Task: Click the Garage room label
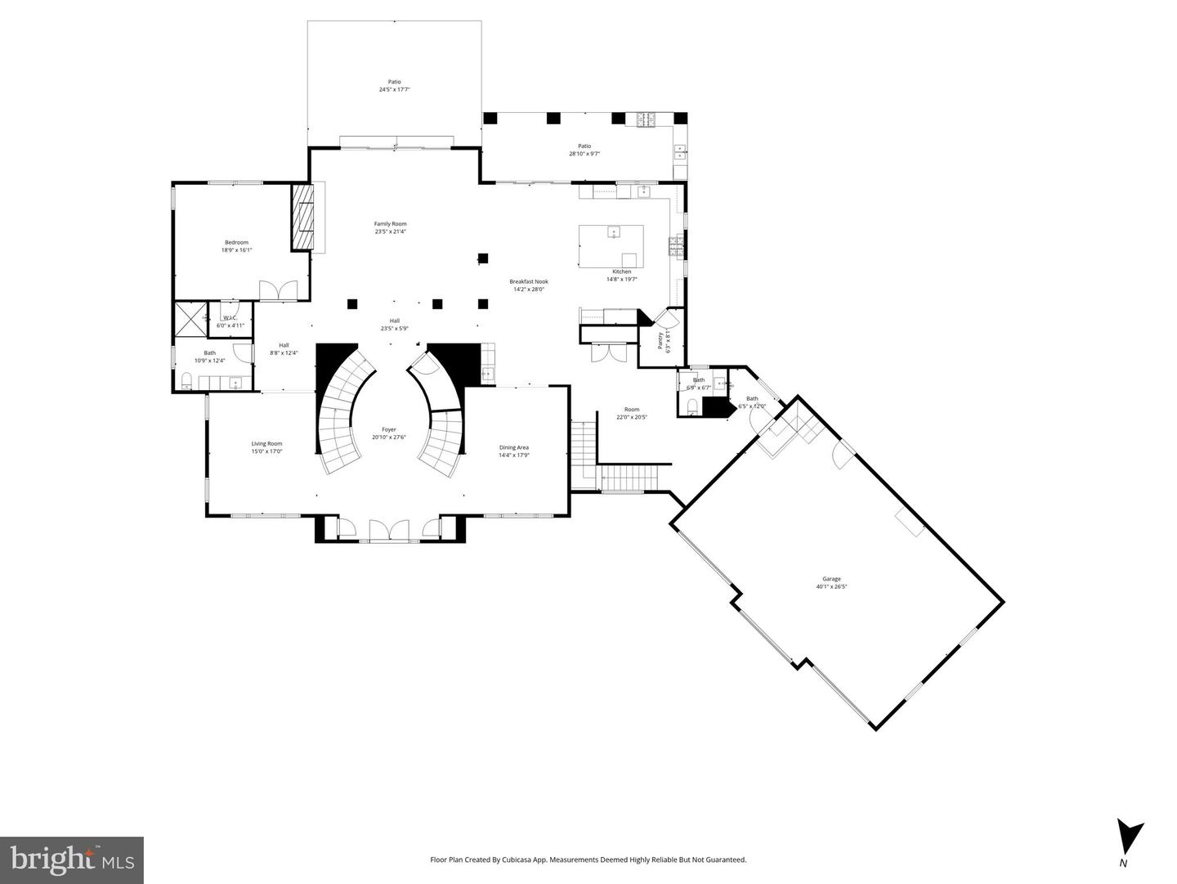[x=831, y=582]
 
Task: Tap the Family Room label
[x=390, y=227]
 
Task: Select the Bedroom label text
[x=236, y=245]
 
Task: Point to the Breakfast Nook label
[x=528, y=285]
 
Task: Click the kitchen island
[x=611, y=246]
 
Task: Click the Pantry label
[x=664, y=340]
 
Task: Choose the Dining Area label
[x=514, y=451]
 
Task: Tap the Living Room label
[x=266, y=447]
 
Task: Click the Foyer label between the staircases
[x=389, y=433]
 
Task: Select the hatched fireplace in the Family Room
[x=303, y=216]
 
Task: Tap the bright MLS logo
[x=72, y=860]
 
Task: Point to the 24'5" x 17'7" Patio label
[x=394, y=85]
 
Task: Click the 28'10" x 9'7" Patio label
[x=584, y=150]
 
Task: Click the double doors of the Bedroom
[x=279, y=291]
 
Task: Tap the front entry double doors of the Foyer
[x=389, y=531]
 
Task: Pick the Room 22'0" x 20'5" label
[x=631, y=413]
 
